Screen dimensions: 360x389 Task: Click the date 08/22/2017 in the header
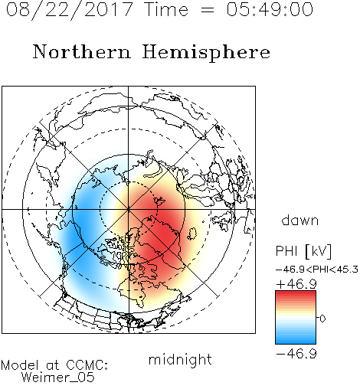(x=70, y=10)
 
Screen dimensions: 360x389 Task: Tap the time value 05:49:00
(x=270, y=9)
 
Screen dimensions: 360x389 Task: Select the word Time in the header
(x=166, y=9)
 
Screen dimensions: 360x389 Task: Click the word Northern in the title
(x=82, y=52)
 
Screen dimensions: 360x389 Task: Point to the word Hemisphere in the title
(x=206, y=53)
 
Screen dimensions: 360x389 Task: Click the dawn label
(x=300, y=220)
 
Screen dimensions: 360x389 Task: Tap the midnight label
(x=180, y=359)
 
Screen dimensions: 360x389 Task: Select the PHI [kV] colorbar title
(x=303, y=251)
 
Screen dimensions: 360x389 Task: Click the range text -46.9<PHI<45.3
(x=317, y=270)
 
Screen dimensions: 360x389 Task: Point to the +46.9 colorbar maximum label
(x=296, y=284)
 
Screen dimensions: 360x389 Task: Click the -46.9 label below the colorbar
(x=296, y=354)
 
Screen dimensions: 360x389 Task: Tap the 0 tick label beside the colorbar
(x=322, y=319)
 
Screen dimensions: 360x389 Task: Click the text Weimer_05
(x=58, y=378)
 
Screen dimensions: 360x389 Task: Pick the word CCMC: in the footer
(x=87, y=365)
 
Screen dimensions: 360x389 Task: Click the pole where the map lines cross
(x=129, y=210)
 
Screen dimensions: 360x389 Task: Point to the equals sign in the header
(x=208, y=10)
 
